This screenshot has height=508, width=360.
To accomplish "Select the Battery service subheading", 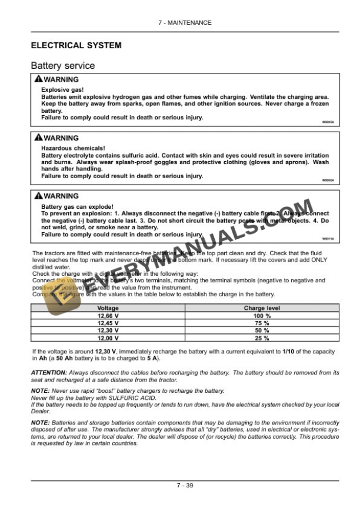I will tap(62, 66).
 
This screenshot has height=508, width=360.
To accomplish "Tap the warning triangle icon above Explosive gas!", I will tap(38, 79).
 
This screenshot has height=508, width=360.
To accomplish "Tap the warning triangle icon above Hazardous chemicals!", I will tap(38, 138).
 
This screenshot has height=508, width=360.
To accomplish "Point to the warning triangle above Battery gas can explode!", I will tap(38, 196).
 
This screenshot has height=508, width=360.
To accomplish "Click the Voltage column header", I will tap(108, 308).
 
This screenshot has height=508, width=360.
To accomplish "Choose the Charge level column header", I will tap(262, 308).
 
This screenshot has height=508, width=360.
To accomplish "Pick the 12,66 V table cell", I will tap(108, 316).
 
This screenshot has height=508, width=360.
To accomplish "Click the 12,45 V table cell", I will tap(108, 323).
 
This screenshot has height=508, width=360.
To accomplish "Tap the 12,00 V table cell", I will tap(108, 339).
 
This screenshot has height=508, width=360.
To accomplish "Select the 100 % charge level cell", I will tap(262, 316).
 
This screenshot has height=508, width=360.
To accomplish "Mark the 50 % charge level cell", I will tap(262, 331).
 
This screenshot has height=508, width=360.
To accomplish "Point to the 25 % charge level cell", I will tap(262, 339).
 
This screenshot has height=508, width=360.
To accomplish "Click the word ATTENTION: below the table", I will tap(48, 373).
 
